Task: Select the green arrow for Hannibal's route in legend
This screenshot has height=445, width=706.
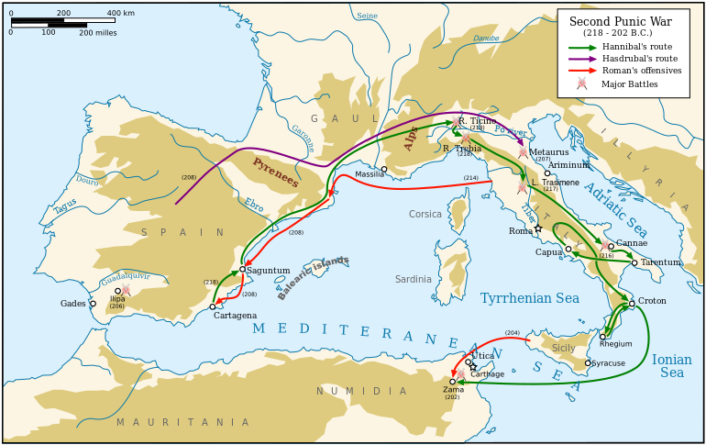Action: (582, 47)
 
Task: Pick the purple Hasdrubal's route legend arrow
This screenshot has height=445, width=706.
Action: (582, 59)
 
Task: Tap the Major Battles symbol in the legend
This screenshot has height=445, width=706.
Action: (581, 83)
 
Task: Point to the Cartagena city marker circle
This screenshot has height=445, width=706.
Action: (213, 306)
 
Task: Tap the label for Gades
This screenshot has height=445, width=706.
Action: (72, 304)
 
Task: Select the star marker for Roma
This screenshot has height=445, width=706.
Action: (538, 228)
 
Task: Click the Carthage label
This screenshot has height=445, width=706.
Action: (487, 373)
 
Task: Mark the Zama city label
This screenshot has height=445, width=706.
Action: (453, 389)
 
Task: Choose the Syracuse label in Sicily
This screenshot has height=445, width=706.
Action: (608, 363)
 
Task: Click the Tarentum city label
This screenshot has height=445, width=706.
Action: (660, 262)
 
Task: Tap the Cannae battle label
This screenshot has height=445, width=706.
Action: (632, 243)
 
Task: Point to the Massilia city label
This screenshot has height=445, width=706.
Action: (370, 174)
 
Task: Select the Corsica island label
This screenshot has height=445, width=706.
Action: (425, 214)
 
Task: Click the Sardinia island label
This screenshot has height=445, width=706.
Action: (413, 279)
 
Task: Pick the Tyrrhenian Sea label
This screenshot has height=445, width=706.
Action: (530, 298)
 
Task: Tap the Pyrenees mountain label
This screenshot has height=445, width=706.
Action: (275, 172)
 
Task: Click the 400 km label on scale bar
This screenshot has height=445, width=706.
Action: (120, 14)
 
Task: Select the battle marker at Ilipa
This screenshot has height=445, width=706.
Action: (126, 290)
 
